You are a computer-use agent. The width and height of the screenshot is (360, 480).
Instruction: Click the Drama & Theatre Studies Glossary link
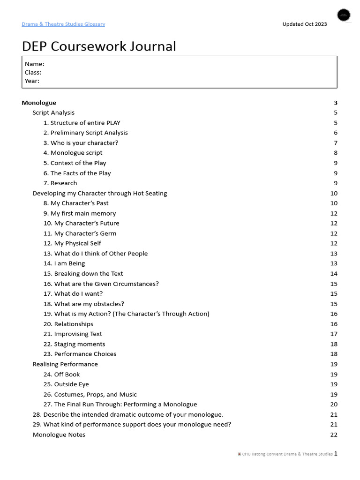point(63,24)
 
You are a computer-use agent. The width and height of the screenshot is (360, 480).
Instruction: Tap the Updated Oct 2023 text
point(304,24)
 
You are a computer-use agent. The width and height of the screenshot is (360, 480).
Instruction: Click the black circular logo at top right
point(344,15)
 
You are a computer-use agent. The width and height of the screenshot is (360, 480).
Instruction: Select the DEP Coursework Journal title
point(99,46)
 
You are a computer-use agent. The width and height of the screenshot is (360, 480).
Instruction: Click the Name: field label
point(35,64)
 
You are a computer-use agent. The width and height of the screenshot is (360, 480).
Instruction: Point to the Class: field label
point(33,72)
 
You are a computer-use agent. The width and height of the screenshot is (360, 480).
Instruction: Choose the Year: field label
point(32,81)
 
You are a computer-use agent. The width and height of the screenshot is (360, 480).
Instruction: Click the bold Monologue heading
point(39,103)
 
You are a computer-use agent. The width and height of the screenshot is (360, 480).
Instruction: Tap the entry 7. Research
point(60,183)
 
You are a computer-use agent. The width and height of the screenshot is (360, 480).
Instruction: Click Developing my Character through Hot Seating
point(99,193)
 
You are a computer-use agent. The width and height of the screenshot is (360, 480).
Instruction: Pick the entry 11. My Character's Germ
point(80,233)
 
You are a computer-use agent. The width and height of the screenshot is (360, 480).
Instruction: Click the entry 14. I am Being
point(64,263)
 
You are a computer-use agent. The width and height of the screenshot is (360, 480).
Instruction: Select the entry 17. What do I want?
point(73,293)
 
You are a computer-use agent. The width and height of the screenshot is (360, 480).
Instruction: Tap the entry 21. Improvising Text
point(73,334)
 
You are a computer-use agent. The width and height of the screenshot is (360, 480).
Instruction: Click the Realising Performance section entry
point(65,364)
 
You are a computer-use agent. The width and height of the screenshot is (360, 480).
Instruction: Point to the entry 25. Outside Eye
point(66,384)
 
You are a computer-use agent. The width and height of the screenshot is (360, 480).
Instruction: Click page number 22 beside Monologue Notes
point(334,435)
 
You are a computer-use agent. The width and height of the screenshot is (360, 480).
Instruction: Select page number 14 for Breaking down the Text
point(334,274)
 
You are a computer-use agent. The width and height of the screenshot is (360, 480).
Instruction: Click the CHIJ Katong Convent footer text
point(287,454)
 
